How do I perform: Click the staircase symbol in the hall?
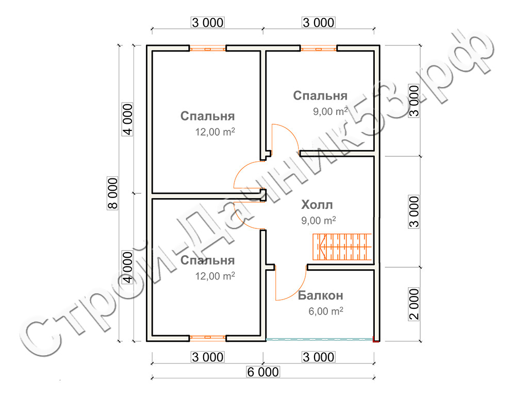(x=342, y=247)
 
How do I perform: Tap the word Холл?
(x=317, y=205)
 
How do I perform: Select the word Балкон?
(x=321, y=295)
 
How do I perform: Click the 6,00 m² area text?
(x=326, y=311)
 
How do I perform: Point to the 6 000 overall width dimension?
(x=263, y=372)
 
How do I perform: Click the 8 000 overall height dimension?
(x=113, y=193)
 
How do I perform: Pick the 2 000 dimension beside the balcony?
(x=414, y=304)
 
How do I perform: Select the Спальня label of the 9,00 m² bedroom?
(x=320, y=95)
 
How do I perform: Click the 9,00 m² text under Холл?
(x=318, y=220)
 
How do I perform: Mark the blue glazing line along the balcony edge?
(x=320, y=339)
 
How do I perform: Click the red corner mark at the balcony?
(x=375, y=340)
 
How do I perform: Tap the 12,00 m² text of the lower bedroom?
(x=215, y=276)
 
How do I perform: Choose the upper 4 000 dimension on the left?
(x=128, y=119)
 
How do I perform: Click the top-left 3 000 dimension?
(x=207, y=23)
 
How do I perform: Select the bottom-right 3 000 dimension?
(x=319, y=357)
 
